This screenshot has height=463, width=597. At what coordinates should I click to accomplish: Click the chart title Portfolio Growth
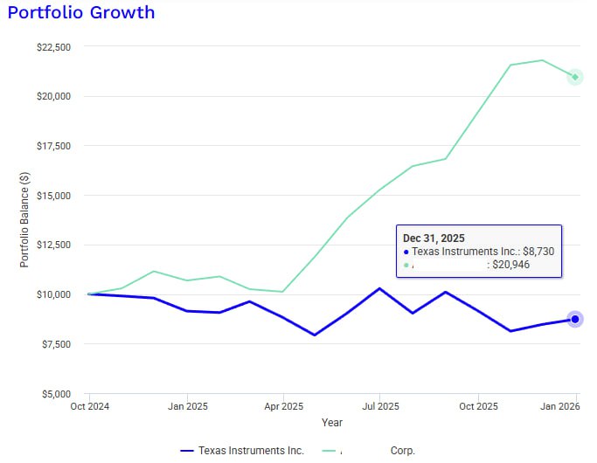pyautogui.click(x=80, y=12)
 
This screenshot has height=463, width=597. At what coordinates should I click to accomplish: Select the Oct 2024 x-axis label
pyautogui.click(x=89, y=406)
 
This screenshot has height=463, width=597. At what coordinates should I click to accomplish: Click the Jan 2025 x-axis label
pyautogui.click(x=187, y=406)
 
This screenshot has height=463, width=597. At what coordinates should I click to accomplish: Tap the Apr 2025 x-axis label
pyautogui.click(x=282, y=406)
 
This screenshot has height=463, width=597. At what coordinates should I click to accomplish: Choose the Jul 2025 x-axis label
pyautogui.click(x=379, y=406)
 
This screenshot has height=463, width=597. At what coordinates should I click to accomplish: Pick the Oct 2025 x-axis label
pyautogui.click(x=477, y=406)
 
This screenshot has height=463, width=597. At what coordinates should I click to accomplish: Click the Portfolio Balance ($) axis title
pyautogui.click(x=24, y=220)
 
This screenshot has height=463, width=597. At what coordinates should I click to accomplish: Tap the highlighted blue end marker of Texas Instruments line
pyautogui.click(x=575, y=320)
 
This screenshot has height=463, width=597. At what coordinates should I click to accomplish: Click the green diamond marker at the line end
pyautogui.click(x=575, y=78)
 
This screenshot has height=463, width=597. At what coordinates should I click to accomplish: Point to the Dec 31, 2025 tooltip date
pyautogui.click(x=434, y=238)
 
